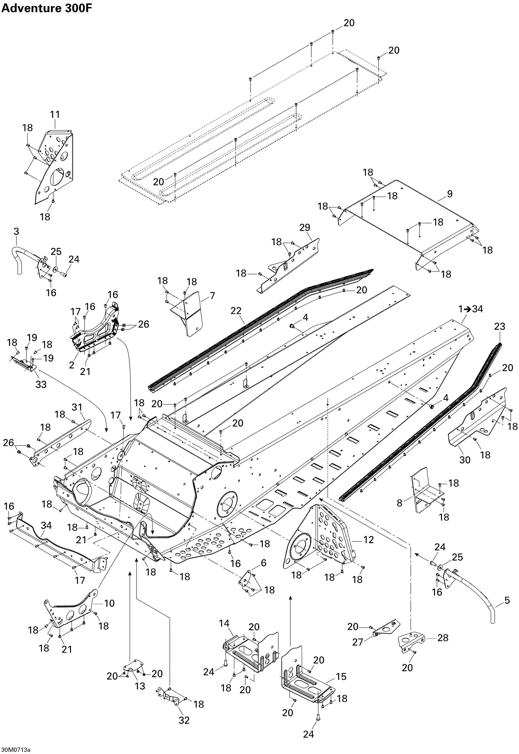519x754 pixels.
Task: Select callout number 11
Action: [55, 115]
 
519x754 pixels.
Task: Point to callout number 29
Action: [305, 227]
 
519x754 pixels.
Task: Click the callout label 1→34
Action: [471, 309]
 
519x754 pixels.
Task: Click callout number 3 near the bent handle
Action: [16, 231]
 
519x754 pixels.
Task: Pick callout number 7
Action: [212, 296]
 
